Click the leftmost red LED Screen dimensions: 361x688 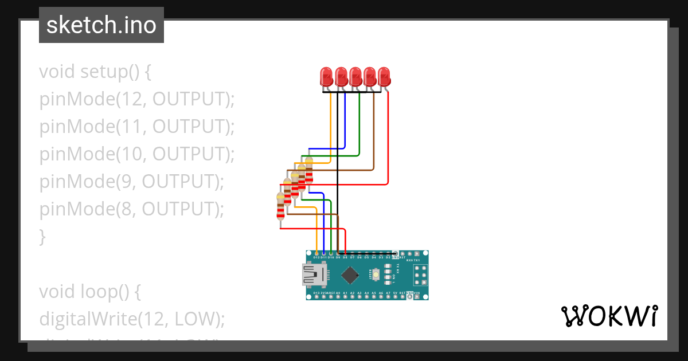[x=326, y=76]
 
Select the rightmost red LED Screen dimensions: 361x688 [x=384, y=76]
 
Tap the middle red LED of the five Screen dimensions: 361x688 [x=355, y=76]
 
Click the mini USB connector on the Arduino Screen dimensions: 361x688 [x=313, y=275]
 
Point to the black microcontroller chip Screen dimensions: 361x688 [x=349, y=276]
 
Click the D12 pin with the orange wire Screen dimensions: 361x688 [x=317, y=253]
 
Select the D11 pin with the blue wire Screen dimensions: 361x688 [x=324, y=253]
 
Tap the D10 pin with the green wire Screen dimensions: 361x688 [x=331, y=253]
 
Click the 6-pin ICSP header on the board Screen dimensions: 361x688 [x=420, y=275]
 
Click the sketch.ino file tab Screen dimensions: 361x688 [x=101, y=25]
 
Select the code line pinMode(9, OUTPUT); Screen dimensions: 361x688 [x=131, y=182]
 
